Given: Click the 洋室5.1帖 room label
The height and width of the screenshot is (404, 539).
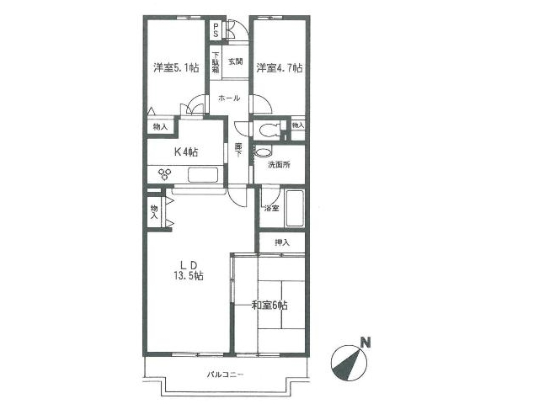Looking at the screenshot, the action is click(176, 67).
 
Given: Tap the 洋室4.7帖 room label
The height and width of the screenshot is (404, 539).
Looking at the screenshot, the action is click(280, 67).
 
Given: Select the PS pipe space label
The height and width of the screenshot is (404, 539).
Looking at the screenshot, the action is click(216, 30).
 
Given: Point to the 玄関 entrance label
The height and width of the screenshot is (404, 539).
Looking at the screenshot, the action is click(236, 61).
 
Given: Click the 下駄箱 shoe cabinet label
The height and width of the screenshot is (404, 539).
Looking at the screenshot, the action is click(216, 62).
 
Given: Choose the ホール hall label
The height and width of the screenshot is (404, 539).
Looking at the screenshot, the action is click(229, 98).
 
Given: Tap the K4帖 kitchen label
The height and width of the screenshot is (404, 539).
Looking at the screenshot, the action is click(186, 151).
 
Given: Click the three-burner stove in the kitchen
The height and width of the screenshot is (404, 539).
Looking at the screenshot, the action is click(165, 174).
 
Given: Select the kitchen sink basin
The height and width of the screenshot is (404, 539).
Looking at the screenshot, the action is click(203, 174).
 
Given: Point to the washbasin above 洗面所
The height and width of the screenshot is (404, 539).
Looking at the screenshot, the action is click(264, 151).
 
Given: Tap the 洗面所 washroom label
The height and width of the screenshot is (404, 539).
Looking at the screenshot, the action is click(279, 165).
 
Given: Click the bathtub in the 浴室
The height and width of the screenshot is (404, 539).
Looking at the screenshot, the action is click(295, 208).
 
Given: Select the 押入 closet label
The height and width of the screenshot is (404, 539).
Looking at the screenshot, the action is click(282, 243).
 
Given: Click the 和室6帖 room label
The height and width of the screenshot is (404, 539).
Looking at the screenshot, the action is click(269, 305).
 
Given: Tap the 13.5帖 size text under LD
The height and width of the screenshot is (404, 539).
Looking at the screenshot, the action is click(189, 275).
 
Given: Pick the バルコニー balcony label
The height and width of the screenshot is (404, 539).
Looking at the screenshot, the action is click(226, 374).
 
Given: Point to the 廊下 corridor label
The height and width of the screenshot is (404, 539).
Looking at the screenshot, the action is click(238, 150).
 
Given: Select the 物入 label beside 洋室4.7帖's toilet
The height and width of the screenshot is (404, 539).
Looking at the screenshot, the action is click(298, 125).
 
